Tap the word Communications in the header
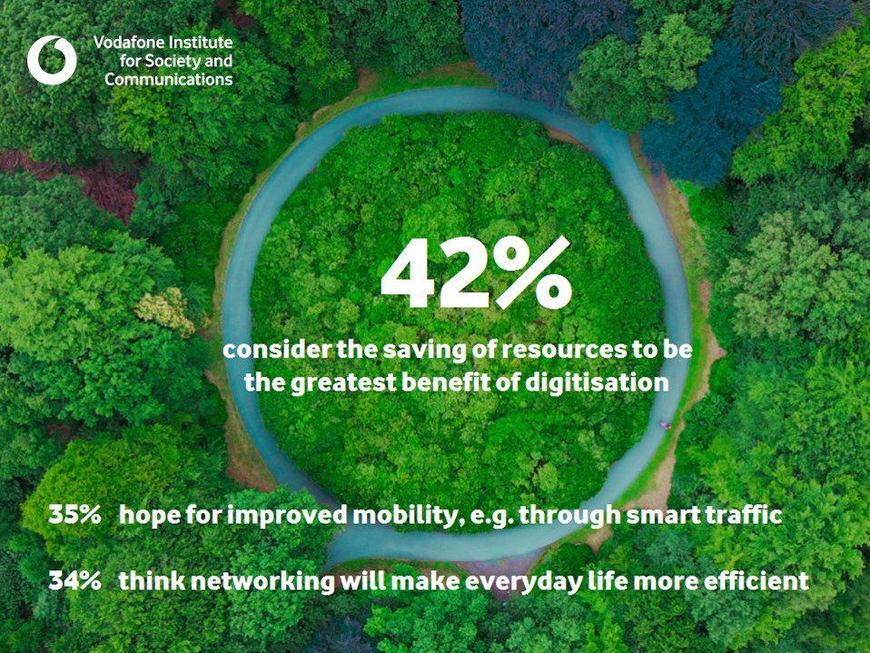coord(168,79)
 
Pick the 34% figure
coord(74,581)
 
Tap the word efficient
coord(759,581)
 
